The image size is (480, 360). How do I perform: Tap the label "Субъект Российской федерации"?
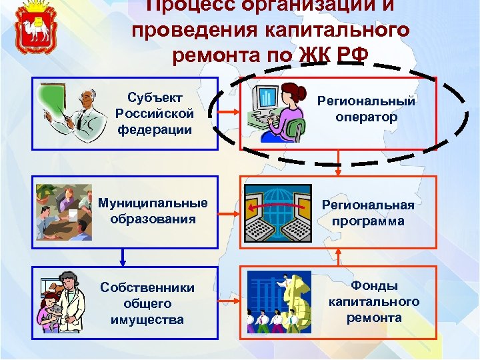154,113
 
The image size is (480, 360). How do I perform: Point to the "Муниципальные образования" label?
153,211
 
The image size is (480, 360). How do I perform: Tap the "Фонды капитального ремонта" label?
374,301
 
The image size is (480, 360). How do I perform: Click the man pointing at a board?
73,113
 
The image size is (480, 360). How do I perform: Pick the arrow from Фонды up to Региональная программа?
339,257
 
